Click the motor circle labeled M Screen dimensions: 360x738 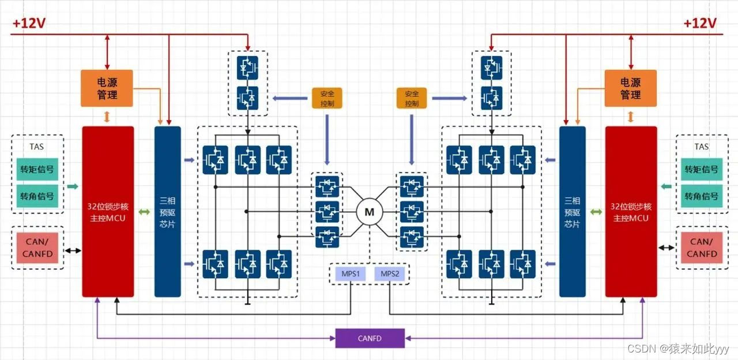point(369,212)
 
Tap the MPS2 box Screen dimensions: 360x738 point(390,274)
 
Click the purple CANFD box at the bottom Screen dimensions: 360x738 point(370,338)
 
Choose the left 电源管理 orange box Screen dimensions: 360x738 point(107,88)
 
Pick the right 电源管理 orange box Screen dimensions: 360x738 point(631,88)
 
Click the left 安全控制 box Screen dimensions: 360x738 point(327,98)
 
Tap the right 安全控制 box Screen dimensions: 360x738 point(412,98)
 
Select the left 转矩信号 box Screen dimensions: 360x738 point(37,169)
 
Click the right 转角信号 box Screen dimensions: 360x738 point(701,196)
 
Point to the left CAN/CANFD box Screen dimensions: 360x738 point(37,247)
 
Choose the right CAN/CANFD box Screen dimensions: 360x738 point(702,247)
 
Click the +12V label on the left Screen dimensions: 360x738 point(29,24)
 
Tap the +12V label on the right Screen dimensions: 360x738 point(700,24)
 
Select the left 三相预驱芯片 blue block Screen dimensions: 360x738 point(168,211)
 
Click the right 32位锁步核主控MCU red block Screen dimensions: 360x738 point(631,211)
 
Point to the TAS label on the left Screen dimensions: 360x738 point(37,147)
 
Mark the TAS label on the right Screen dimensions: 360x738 point(701,147)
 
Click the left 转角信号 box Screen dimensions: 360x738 point(37,196)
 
